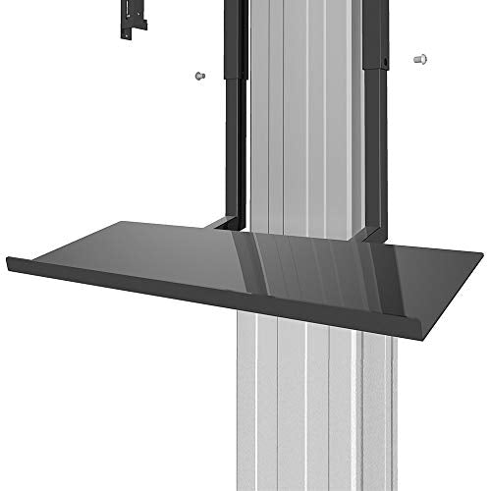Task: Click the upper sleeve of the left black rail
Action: click(x=236, y=39)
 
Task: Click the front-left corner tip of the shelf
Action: click(x=10, y=261)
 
